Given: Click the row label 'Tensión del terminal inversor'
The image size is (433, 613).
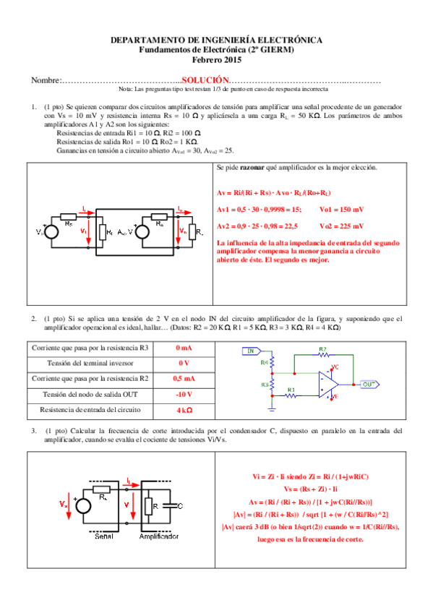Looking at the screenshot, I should coord(91,363).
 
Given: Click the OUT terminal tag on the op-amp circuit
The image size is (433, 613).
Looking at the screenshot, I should coord(369,384).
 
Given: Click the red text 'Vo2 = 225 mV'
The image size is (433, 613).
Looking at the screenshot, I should coord(340,226).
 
